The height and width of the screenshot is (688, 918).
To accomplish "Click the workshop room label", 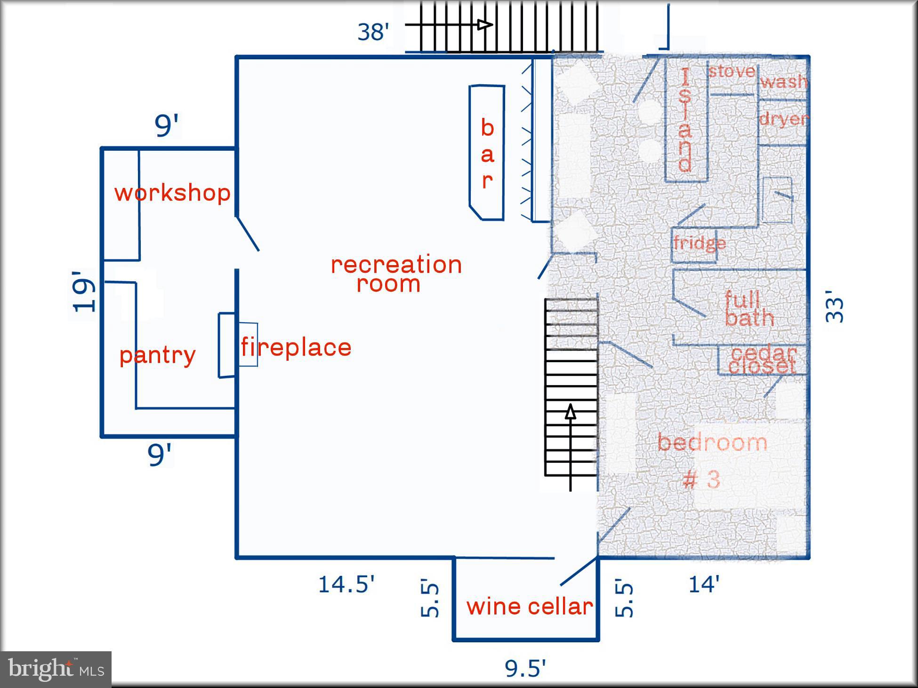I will (172, 193).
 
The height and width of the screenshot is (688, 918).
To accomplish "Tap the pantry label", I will (157, 356).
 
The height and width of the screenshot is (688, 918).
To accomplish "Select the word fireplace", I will (296, 348).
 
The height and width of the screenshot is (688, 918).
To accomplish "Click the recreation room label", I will (396, 274).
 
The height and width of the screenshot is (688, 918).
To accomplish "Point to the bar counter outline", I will (487, 153).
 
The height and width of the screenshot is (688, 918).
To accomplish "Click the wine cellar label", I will (530, 607).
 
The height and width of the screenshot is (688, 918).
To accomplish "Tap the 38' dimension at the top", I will (373, 32).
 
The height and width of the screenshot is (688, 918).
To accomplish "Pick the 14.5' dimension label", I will (346, 584).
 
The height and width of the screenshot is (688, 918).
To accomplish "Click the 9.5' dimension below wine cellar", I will (525, 668).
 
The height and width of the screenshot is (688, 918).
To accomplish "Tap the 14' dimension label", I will (704, 584).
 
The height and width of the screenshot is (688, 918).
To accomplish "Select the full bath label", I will (749, 309).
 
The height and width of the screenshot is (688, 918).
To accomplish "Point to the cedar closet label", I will (763, 360).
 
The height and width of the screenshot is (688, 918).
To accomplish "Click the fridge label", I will (699, 243).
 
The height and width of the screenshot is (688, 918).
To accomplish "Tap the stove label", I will (732, 72).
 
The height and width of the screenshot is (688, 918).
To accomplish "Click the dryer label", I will (783, 119).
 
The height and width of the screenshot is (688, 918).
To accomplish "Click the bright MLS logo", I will (56, 669).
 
